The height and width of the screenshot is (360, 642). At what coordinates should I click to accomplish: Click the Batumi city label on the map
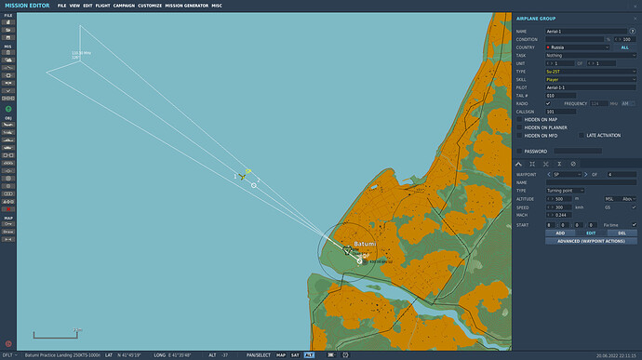point(365,244)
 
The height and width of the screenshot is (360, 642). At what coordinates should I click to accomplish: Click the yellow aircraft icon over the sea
point(242,174)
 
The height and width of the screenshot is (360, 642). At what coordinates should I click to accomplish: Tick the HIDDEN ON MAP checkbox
point(520,120)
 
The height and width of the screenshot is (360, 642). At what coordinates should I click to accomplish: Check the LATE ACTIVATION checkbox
point(582,135)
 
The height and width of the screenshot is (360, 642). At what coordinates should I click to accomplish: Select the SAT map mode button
point(295,355)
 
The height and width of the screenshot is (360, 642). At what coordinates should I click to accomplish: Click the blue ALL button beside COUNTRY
point(625,47)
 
